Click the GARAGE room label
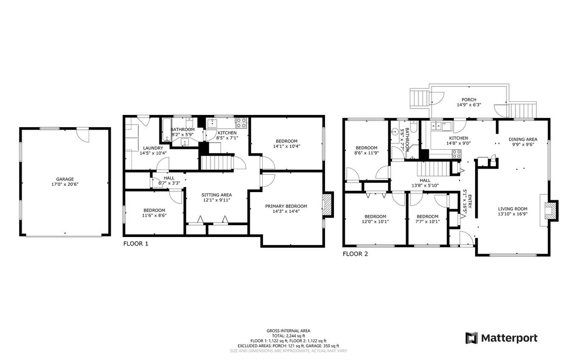click(65, 179)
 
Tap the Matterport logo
click(501, 338)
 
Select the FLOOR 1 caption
click(136, 244)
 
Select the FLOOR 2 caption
click(355, 254)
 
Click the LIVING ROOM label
click(513, 209)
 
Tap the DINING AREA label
click(523, 139)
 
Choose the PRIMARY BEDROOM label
click(286, 206)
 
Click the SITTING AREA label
click(216, 195)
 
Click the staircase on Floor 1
click(216, 163)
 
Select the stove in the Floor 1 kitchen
click(241, 123)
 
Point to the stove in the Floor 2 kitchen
click(457, 154)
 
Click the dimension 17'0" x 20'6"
click(65, 184)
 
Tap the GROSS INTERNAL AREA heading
click(288, 331)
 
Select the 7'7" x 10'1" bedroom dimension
click(427, 221)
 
